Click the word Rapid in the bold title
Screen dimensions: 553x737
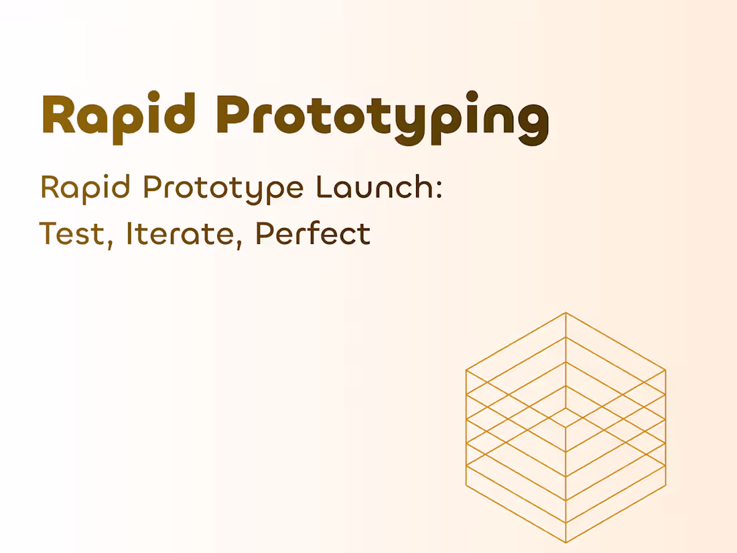(x=119, y=115)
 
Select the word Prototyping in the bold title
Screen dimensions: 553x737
(x=382, y=118)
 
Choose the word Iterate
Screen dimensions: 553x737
(x=178, y=234)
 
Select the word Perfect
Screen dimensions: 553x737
(x=313, y=233)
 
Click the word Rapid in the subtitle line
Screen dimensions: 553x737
(x=85, y=188)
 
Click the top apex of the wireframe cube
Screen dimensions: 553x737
(x=565, y=312)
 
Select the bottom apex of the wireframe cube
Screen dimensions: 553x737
(x=565, y=542)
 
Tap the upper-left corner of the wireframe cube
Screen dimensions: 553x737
(x=466, y=369)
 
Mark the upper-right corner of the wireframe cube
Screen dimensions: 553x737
(x=665, y=369)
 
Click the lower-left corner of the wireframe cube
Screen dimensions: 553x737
(x=466, y=485)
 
